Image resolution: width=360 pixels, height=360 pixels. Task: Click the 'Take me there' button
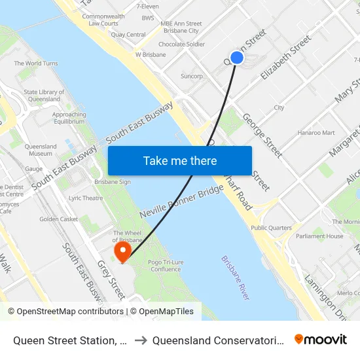[180, 161]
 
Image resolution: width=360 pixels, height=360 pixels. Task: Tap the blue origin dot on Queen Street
[237, 58]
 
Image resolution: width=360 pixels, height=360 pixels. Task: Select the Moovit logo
[321, 340]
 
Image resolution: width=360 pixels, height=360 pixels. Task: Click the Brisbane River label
[235, 278]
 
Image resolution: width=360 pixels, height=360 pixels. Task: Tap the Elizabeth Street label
[285, 58]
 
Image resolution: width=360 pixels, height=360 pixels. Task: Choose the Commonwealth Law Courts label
[103, 20]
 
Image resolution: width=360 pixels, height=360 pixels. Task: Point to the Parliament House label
[319, 236]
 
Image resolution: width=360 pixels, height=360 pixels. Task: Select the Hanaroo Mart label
[316, 133]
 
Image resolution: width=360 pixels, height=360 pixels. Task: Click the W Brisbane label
[151, 55]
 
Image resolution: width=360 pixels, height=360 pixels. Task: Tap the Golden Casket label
[59, 219]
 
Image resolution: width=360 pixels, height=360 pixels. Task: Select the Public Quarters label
[271, 228]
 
